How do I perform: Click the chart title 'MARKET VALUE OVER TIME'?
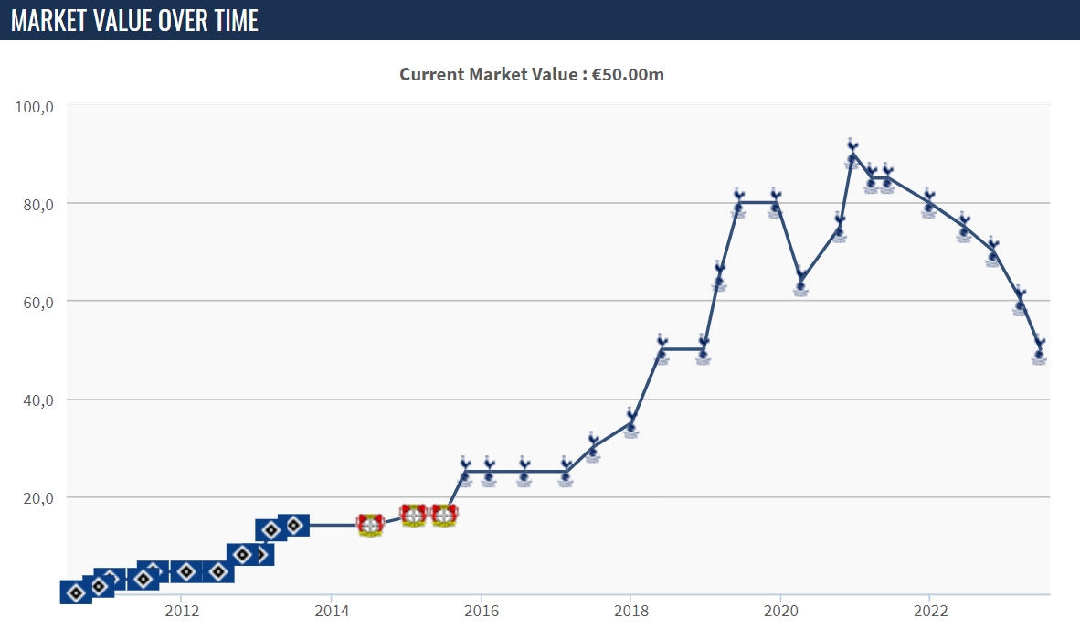coord(134,20)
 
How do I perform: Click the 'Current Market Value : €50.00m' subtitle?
coord(532,74)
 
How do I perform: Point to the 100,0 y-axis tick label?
coord(36,106)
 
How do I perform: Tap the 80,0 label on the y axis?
coord(36,204)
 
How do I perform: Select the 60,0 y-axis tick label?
coord(36,302)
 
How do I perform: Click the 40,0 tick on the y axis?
coord(36,400)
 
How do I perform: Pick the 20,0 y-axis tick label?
coord(36,497)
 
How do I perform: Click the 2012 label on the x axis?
coord(181,610)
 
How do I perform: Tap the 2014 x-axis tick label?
coord(331,610)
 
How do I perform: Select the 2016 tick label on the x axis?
coord(481,610)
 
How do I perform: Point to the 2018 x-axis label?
coord(630,610)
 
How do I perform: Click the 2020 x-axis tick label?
coord(780,610)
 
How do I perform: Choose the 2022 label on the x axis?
coord(930,610)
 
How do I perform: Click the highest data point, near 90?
coord(852,155)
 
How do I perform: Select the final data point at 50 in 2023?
coord(1039,351)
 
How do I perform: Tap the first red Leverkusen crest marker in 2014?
coord(370,525)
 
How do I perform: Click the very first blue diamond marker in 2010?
coord(76,592)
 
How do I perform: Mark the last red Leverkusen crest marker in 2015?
coord(444,516)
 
